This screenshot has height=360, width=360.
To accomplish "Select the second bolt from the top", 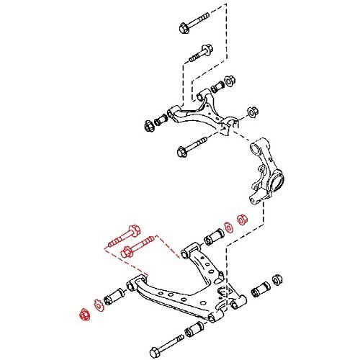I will (200, 53).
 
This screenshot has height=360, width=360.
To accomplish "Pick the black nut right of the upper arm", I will (253, 112).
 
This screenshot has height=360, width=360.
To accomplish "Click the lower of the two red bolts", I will (136, 251).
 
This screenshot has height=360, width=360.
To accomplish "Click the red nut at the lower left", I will (83, 313).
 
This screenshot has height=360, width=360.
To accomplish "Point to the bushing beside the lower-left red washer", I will (114, 297).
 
